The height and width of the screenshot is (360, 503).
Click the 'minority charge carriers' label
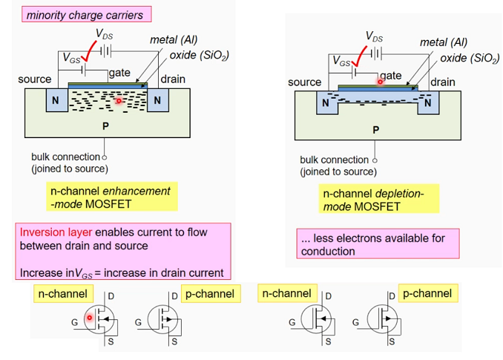point(84,14)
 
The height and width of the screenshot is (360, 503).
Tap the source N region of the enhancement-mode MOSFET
point(54,99)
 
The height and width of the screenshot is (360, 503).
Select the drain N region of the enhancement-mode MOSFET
point(158,99)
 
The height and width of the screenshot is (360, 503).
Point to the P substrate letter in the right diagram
point(375,129)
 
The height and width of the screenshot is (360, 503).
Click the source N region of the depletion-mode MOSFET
point(324,103)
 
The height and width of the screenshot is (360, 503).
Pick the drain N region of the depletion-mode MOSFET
point(427,103)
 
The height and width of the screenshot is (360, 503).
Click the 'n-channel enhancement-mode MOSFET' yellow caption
point(111,197)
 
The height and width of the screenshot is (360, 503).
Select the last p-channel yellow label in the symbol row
point(427,293)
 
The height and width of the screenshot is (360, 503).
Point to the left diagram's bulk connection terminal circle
point(105,157)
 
